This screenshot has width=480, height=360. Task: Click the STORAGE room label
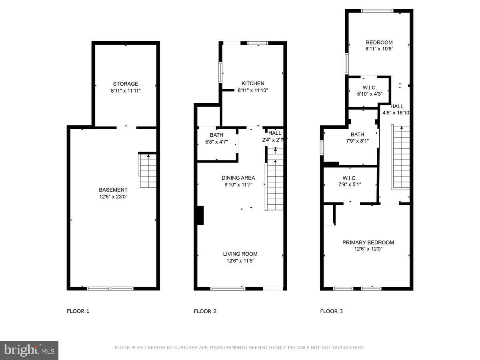(126, 84)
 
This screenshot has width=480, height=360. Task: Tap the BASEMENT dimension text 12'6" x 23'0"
(113, 197)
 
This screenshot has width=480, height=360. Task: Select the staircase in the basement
(148, 171)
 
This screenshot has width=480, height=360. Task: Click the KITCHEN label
(253, 83)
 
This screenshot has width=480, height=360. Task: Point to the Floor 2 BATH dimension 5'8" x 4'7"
(216, 142)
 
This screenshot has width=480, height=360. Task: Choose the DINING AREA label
(238, 178)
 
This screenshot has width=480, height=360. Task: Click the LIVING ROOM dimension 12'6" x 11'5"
(240, 261)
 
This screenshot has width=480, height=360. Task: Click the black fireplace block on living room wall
(200, 216)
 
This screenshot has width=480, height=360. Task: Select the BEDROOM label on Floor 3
(379, 42)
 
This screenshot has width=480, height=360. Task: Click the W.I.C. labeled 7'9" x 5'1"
(350, 181)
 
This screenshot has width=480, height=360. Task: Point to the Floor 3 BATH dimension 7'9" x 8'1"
(357, 141)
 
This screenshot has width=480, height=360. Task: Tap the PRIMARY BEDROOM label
(368, 242)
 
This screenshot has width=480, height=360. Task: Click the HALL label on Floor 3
(397, 106)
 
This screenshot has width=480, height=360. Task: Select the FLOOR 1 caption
(78, 311)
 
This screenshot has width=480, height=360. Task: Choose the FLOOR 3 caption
(331, 311)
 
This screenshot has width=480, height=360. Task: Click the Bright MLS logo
(29, 350)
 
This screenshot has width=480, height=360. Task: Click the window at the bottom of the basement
(110, 288)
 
